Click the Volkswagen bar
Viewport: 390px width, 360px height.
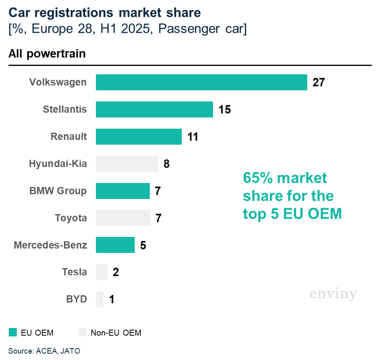[201, 82]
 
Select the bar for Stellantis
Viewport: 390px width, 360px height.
[154, 109]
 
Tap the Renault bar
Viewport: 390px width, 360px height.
[139, 137]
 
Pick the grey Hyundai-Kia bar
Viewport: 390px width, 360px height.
[127, 164]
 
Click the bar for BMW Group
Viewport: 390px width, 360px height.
[123, 191]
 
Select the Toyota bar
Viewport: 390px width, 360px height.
[123, 218]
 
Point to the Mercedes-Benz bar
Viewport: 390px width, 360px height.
[115, 245]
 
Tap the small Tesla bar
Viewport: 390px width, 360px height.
[101, 272]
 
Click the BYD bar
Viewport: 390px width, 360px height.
[99, 299]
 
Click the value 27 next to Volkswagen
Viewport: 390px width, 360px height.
[318, 82]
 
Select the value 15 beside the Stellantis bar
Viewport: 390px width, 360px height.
[225, 109]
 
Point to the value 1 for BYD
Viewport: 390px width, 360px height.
[112, 300]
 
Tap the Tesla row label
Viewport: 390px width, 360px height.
[74, 272]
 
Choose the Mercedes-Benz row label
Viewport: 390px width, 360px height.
[50, 245]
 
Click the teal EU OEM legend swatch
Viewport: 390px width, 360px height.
[13, 332]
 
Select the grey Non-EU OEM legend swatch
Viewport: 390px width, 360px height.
[83, 332]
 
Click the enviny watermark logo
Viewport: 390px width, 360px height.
[333, 294]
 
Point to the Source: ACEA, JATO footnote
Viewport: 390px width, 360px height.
[44, 351]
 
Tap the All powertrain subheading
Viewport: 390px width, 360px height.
[47, 54]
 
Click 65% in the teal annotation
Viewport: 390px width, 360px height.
[257, 178]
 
